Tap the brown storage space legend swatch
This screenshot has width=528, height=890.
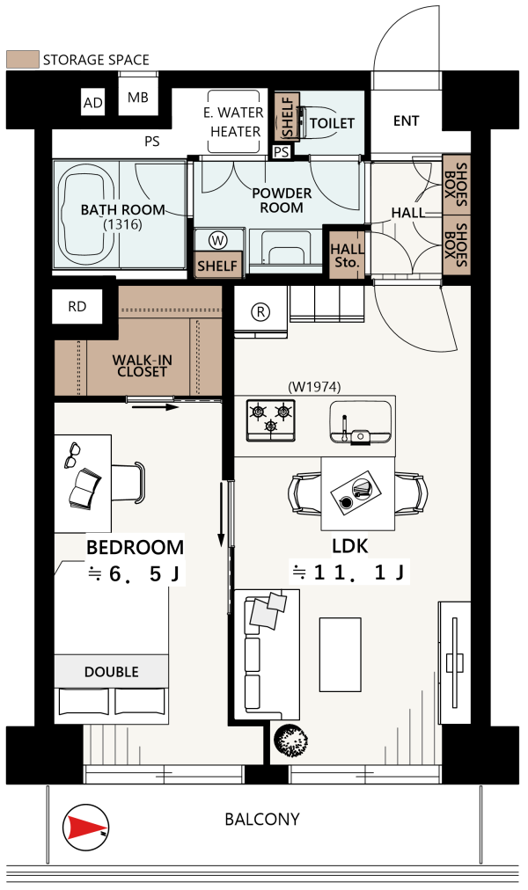click(23, 59)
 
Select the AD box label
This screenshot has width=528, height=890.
click(93, 103)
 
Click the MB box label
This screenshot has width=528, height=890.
click(138, 97)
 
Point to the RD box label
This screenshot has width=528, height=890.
click(77, 307)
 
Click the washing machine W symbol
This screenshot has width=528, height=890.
click(217, 241)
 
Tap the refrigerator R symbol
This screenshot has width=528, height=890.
click(260, 311)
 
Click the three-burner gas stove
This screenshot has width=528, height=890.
click(271, 420)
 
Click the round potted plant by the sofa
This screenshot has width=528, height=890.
click(291, 740)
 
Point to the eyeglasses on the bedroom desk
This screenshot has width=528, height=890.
click(71, 455)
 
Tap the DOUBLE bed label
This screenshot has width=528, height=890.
click(111, 672)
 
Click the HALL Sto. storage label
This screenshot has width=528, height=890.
click(348, 255)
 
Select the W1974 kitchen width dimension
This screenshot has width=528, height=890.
click(314, 387)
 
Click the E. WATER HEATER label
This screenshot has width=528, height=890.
click(234, 121)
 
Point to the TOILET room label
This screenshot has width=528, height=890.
click(332, 122)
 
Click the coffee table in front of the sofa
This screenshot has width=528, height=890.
click(340, 654)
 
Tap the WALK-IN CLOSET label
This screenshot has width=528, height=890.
click(142, 366)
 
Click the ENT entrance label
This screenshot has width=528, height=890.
click(406, 120)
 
